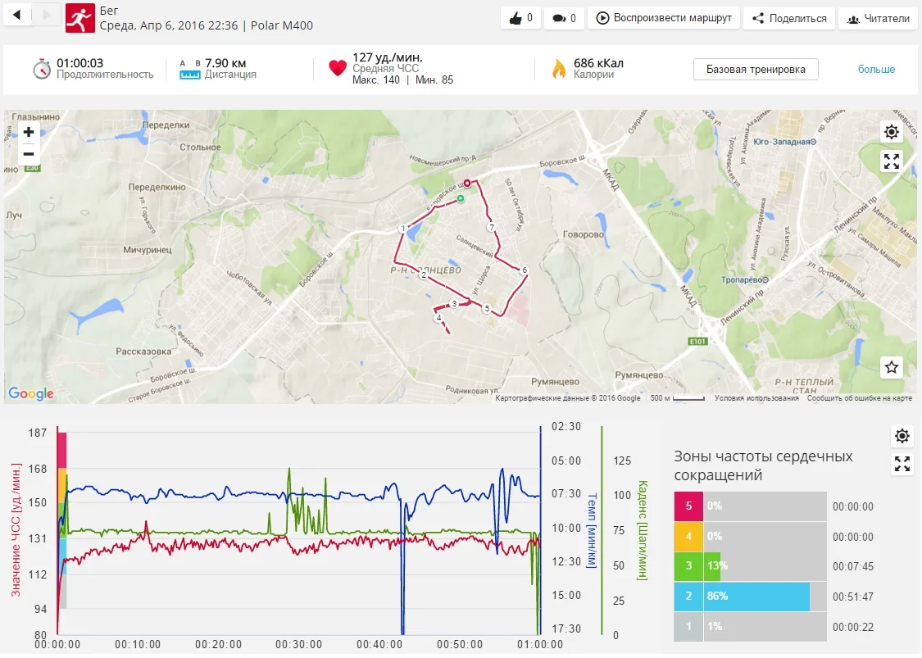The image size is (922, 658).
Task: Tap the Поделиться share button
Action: pyautogui.click(x=789, y=18)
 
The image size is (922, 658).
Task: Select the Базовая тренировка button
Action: pyautogui.click(x=756, y=70)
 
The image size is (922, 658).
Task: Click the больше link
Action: pyautogui.click(x=876, y=70)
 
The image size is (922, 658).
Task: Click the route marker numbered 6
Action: pyautogui.click(x=525, y=270)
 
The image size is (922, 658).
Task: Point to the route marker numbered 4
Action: pyautogui.click(x=439, y=318)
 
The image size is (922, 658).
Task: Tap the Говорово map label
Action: pyautogui.click(x=583, y=234)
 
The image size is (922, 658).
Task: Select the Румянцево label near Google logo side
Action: pyautogui.click(x=556, y=382)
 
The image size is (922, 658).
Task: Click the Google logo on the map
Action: pyautogui.click(x=31, y=394)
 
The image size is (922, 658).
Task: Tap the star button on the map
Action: pyautogui.click(x=892, y=367)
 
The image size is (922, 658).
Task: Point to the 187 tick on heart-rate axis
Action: pyautogui.click(x=38, y=433)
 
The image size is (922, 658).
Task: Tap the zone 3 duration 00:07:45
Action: pyautogui.click(x=852, y=567)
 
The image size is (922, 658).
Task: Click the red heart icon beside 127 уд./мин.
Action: pyautogui.click(x=338, y=69)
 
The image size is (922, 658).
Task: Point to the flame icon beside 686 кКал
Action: pyautogui.click(x=559, y=69)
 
